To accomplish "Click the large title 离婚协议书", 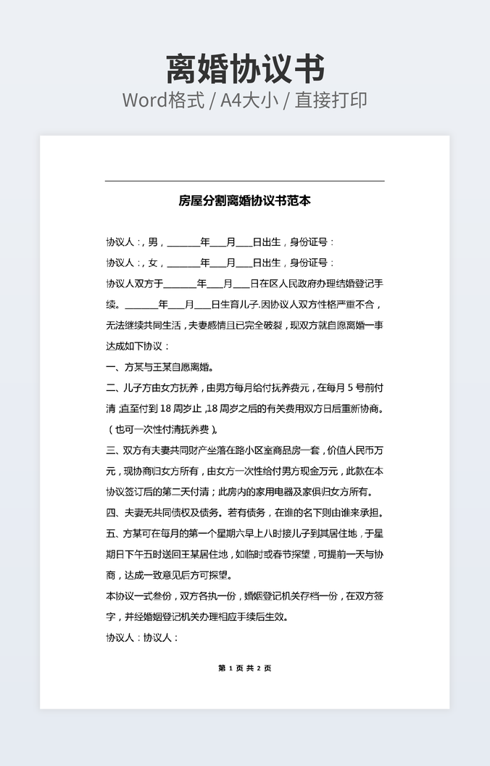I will [x=245, y=70].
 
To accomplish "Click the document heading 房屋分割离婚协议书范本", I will [x=245, y=201].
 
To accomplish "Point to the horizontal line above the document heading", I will [x=245, y=181].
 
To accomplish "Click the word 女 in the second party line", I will [x=152, y=263].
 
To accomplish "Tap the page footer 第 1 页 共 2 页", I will [x=245, y=668].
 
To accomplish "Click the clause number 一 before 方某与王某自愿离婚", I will [x=110, y=367].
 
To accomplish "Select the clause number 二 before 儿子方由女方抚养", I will [x=110, y=388].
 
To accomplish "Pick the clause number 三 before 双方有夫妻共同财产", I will [x=110, y=450].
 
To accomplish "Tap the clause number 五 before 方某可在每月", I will [x=110, y=535].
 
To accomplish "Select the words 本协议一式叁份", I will [x=138, y=597].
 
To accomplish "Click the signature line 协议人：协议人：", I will [x=142, y=639].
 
